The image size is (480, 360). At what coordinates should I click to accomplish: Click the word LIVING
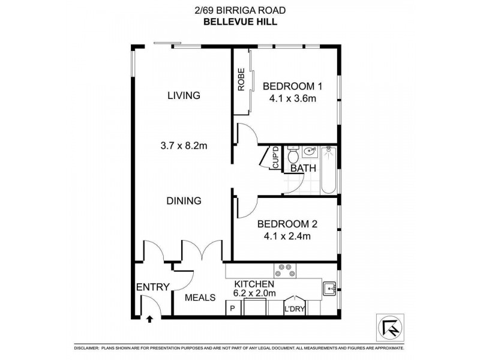pyautogui.click(x=184, y=95)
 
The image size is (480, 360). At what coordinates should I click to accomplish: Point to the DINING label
pyautogui.click(x=184, y=201)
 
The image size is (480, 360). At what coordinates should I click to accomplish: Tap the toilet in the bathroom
pyautogui.click(x=293, y=157)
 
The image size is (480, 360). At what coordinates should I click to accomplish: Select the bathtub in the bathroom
pyautogui.click(x=329, y=170)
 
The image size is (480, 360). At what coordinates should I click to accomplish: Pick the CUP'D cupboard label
pyautogui.click(x=276, y=158)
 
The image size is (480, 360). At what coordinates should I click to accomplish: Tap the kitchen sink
pyautogui.click(x=329, y=289)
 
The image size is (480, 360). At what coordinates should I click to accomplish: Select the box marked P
pyautogui.click(x=233, y=310)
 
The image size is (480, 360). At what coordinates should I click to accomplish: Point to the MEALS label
pyautogui.click(x=200, y=297)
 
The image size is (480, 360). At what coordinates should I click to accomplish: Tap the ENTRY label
pyautogui.click(x=153, y=287)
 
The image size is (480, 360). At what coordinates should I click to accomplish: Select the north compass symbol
pyautogui.click(x=388, y=327)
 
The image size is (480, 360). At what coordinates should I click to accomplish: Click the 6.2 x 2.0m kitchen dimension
pyautogui.click(x=254, y=293)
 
